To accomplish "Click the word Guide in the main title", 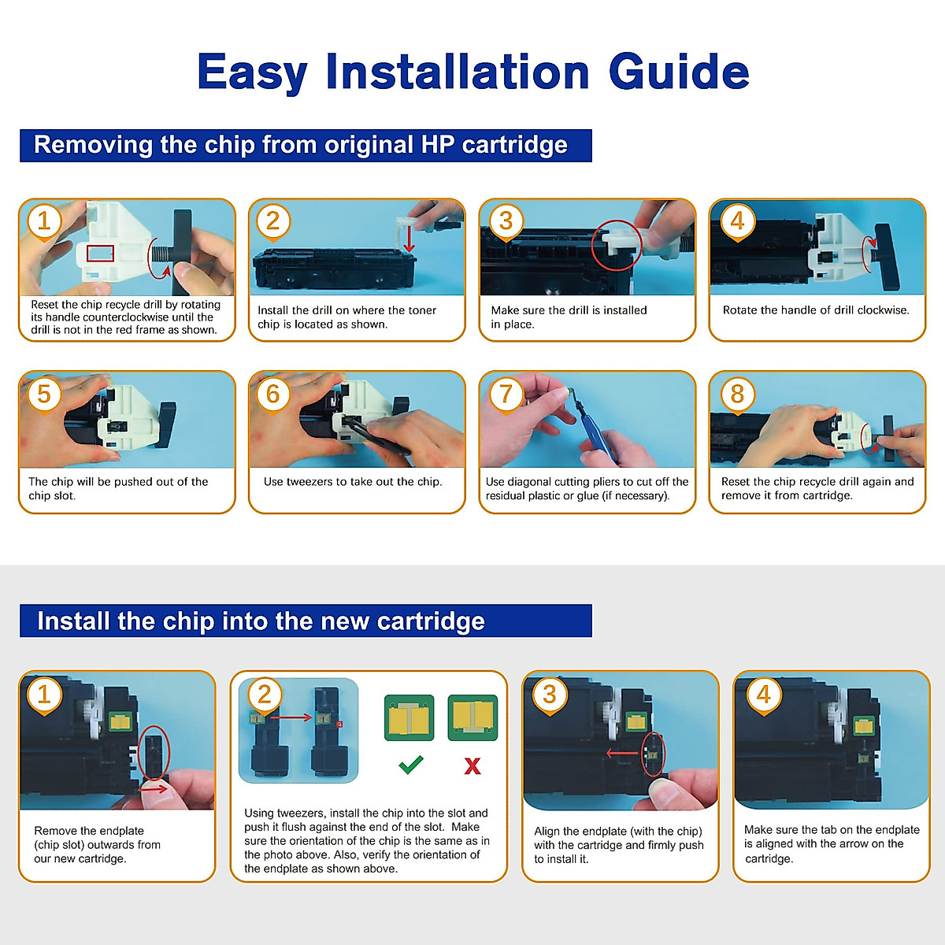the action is click(679, 72).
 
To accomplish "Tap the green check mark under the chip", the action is click(411, 765).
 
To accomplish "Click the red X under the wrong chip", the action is click(472, 766).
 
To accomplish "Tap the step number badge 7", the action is click(506, 395).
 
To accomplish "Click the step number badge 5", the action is click(44, 395).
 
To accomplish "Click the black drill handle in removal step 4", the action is click(887, 256).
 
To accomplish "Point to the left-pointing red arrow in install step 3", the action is click(623, 753).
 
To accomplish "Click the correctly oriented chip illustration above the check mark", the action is click(409, 717).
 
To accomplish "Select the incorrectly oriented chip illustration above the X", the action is click(472, 717).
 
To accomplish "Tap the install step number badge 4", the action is click(764, 696).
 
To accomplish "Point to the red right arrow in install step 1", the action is click(153, 789).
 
